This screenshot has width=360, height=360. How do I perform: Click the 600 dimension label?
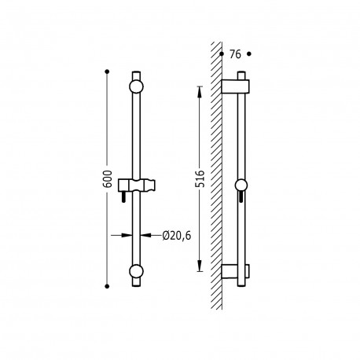[107, 179]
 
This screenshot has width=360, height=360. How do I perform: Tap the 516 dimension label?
[200, 178]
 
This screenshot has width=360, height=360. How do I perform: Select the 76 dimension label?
[235, 54]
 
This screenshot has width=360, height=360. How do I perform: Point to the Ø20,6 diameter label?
[177, 236]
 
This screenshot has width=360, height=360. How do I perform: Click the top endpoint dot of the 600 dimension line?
[107, 72]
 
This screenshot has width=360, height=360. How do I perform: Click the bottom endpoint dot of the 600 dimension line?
[107, 286]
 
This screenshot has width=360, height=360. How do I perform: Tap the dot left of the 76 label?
[222, 54]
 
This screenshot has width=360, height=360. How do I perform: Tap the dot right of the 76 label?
[249, 54]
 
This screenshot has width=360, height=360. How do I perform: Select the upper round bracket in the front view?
[136, 86]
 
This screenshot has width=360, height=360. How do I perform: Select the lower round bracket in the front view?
[136, 271]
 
